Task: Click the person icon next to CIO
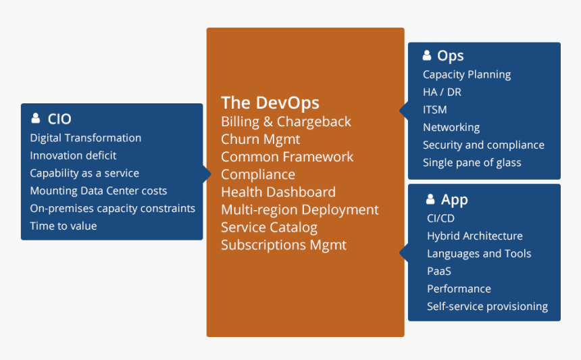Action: (x=36, y=119)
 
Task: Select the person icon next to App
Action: (x=430, y=199)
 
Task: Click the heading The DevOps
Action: (x=270, y=103)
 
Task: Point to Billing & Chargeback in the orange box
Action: (x=286, y=122)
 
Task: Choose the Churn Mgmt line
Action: (x=260, y=139)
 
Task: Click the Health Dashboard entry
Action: (x=278, y=192)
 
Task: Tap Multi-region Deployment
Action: (x=299, y=209)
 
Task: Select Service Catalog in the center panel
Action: (x=269, y=227)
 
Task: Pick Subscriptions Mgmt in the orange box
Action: (x=283, y=245)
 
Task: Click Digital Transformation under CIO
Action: (x=86, y=138)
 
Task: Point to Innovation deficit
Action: (x=73, y=155)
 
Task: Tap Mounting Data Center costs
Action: (x=99, y=190)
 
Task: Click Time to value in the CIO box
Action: (x=64, y=226)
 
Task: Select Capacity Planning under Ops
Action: (x=467, y=74)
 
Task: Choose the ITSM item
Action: (x=435, y=109)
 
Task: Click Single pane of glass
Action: (x=472, y=162)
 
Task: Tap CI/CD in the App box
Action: (x=440, y=218)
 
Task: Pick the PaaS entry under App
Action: (x=439, y=271)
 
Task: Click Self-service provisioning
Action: (x=487, y=306)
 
